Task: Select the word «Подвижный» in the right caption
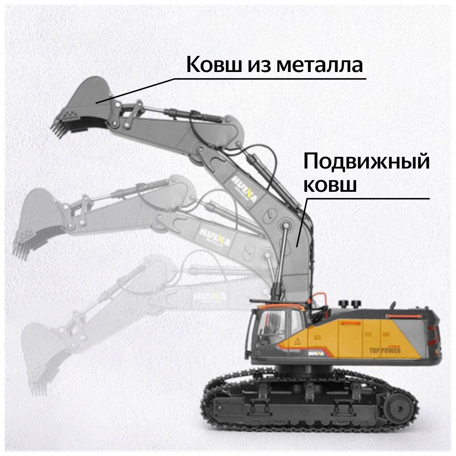pos(366,162)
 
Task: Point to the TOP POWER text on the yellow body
pos(384,350)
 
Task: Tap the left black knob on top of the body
pos(344,304)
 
